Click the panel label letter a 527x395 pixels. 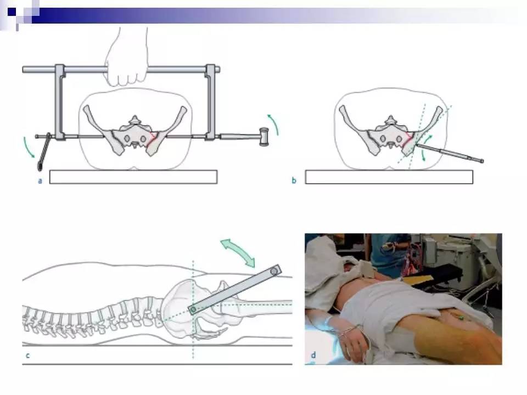[x=40, y=181]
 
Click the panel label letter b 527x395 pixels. [x=294, y=180]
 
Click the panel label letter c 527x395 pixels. [x=27, y=356]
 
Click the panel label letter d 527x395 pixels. [x=313, y=355]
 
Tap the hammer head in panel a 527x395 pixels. [x=264, y=137]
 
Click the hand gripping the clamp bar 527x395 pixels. [x=127, y=57]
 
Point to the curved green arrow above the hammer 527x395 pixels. [x=273, y=125]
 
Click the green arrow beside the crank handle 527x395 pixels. [x=28, y=147]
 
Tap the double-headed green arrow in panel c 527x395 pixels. [x=238, y=252]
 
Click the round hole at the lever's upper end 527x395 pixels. [x=274, y=270]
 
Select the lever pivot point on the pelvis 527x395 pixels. [x=193, y=309]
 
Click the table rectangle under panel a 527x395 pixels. [x=133, y=177]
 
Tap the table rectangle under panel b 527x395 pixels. [x=389, y=177]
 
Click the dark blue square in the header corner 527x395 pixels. [x=12, y=12]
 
